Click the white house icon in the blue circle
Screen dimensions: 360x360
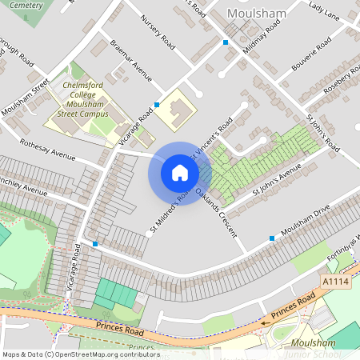[x=180, y=173]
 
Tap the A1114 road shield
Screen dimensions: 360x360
[x=334, y=282]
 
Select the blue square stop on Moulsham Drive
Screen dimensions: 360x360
[x=272, y=238]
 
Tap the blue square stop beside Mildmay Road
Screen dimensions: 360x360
[x=226, y=42]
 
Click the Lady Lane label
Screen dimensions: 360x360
[x=323, y=10]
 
